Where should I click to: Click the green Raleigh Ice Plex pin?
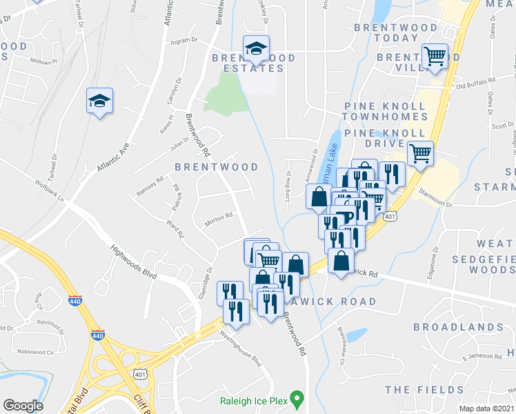297,398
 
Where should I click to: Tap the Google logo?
23,406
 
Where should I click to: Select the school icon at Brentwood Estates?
255,48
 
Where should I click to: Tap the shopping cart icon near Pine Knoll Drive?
419,153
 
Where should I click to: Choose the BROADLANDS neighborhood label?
457,326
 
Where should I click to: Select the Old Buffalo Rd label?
475,83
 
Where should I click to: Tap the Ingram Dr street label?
175,41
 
